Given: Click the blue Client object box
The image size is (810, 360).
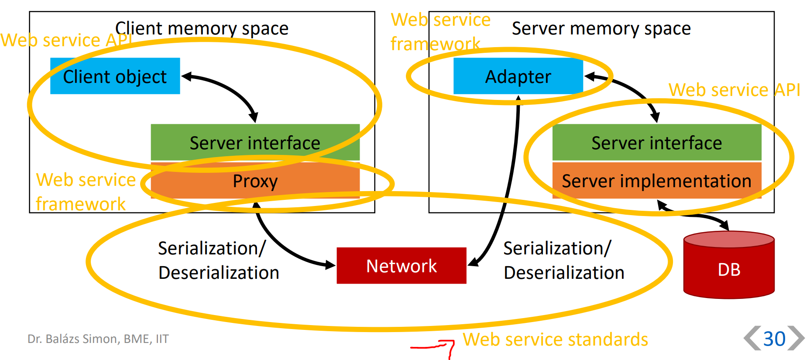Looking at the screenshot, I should [x=115, y=76].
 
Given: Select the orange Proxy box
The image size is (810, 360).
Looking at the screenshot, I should [x=255, y=181].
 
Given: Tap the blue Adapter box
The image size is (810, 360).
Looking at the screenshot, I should [x=518, y=76].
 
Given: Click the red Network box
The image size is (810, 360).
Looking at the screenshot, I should [x=401, y=265].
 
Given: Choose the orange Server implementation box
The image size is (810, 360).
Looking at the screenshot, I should [x=656, y=181].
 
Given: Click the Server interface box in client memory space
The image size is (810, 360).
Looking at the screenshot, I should [x=255, y=142].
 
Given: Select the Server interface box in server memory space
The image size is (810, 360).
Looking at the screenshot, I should [x=656, y=142].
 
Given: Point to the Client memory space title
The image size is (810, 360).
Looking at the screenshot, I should [x=202, y=28].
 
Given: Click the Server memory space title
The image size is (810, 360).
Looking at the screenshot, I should [x=601, y=28].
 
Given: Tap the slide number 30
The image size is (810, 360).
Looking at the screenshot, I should [x=774, y=339].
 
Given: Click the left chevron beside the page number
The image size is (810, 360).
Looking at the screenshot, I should [x=752, y=338].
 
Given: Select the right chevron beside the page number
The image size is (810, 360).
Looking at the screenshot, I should [x=797, y=338].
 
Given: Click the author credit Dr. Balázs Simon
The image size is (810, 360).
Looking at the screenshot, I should [x=98, y=339].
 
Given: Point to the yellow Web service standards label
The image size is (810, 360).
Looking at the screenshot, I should [x=555, y=339].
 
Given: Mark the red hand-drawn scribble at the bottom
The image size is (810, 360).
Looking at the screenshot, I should [x=436, y=346].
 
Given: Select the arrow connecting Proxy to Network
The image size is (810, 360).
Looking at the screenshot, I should [x=279, y=247].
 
